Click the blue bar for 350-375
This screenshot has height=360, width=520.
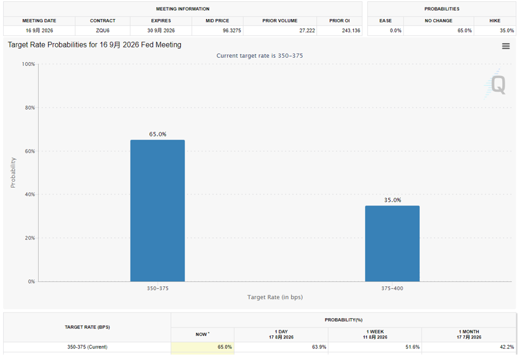[158, 211]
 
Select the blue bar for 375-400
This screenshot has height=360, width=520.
[393, 244]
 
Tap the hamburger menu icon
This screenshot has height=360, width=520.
[506, 46]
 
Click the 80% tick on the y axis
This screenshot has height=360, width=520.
[30, 108]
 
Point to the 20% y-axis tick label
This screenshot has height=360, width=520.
[30, 238]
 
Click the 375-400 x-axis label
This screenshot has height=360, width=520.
[393, 289]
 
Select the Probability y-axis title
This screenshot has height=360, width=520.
[13, 173]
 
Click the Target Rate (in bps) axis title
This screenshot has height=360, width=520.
[275, 297]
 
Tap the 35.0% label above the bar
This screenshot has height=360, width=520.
[393, 200]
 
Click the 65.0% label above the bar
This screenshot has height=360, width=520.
[158, 134]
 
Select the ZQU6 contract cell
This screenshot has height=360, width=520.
[103, 31]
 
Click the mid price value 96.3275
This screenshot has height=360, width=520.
[232, 31]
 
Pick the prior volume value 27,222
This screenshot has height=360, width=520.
[307, 31]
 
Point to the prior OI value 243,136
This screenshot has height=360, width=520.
[351, 31]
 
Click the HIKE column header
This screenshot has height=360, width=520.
[495, 20]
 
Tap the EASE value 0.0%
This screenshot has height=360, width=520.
[396, 31]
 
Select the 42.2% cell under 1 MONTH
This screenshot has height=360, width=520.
[507, 347]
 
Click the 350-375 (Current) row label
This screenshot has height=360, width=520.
[87, 347]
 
